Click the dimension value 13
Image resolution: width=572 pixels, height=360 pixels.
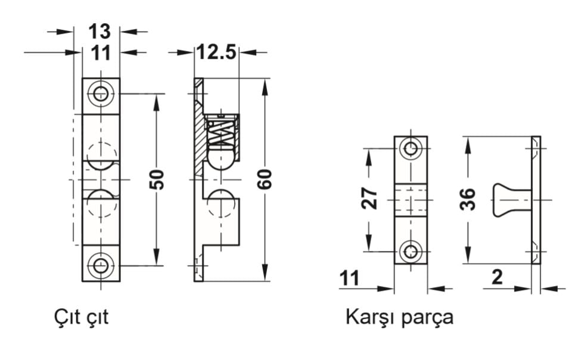[101, 31]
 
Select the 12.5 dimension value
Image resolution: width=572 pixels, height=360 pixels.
[217, 52]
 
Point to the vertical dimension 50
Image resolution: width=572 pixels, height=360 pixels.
[157, 179]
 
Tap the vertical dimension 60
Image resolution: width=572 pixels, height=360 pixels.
[265, 179]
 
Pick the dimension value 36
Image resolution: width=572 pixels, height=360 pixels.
[468, 199]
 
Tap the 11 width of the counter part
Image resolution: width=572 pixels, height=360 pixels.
[352, 278]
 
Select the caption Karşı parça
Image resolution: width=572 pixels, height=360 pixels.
[399, 317]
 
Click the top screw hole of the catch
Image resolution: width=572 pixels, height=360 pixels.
[101, 93]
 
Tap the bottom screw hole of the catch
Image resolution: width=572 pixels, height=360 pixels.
[101, 265]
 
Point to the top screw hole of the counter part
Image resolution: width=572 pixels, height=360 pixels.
[411, 148]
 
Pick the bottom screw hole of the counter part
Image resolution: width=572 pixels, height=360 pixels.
[411, 251]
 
